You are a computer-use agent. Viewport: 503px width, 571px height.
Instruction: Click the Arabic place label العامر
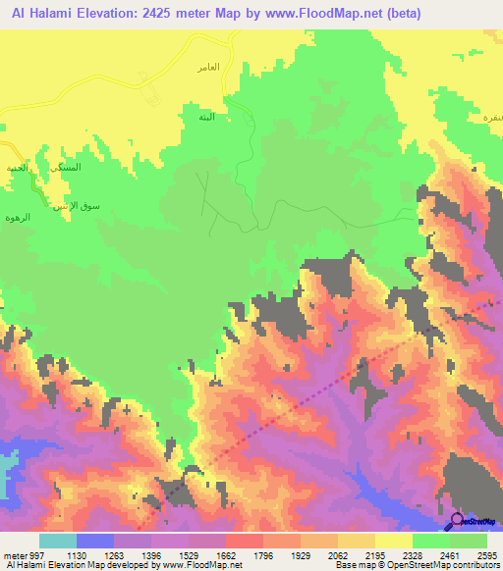207,67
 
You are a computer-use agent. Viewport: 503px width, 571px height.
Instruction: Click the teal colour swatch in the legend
58,541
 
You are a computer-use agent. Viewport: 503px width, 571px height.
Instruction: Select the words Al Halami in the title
36,14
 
